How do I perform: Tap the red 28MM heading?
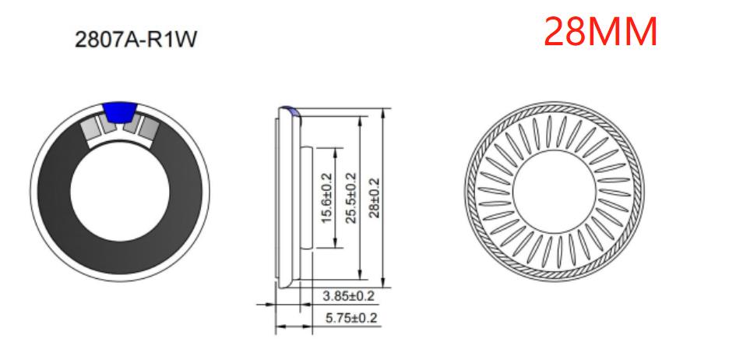coord(600,32)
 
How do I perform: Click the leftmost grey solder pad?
coord(94,129)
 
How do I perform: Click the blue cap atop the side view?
coord(289,111)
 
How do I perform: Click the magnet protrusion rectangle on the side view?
coord(307,196)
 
